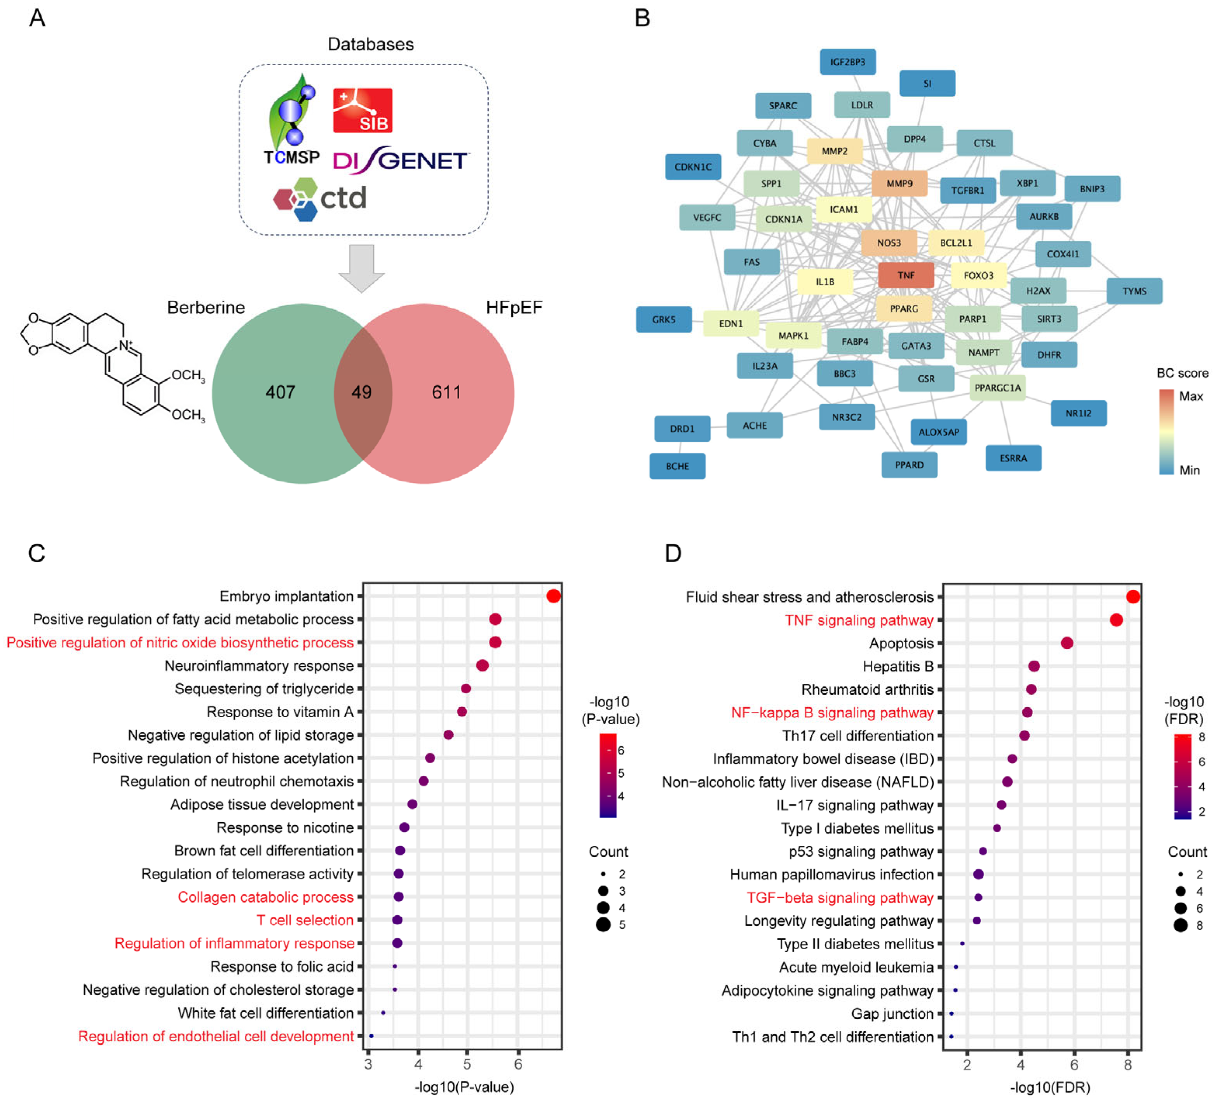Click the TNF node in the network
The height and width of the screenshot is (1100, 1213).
[x=906, y=275]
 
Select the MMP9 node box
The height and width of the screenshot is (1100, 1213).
[x=899, y=183]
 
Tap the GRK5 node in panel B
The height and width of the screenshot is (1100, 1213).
[x=664, y=319]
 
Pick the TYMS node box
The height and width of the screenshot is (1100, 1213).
[x=1134, y=291]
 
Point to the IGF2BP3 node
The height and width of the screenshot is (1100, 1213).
[x=847, y=62]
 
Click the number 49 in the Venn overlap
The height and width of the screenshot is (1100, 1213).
[x=362, y=392]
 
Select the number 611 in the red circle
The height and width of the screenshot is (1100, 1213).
[x=446, y=392]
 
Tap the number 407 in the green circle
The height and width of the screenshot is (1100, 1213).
[x=281, y=392]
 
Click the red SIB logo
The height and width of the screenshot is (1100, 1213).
[x=363, y=111]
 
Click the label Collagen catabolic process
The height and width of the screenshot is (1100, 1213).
[x=265, y=897]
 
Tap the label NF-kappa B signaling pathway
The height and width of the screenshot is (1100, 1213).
[x=832, y=713]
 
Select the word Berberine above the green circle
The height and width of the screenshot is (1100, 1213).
[x=206, y=307]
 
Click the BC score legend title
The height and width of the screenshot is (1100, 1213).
[x=1182, y=373]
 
